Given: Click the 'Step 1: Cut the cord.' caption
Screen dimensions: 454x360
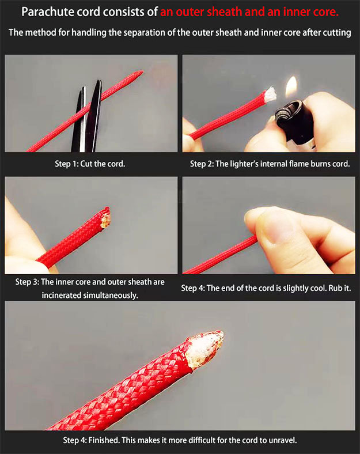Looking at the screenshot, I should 90,164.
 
